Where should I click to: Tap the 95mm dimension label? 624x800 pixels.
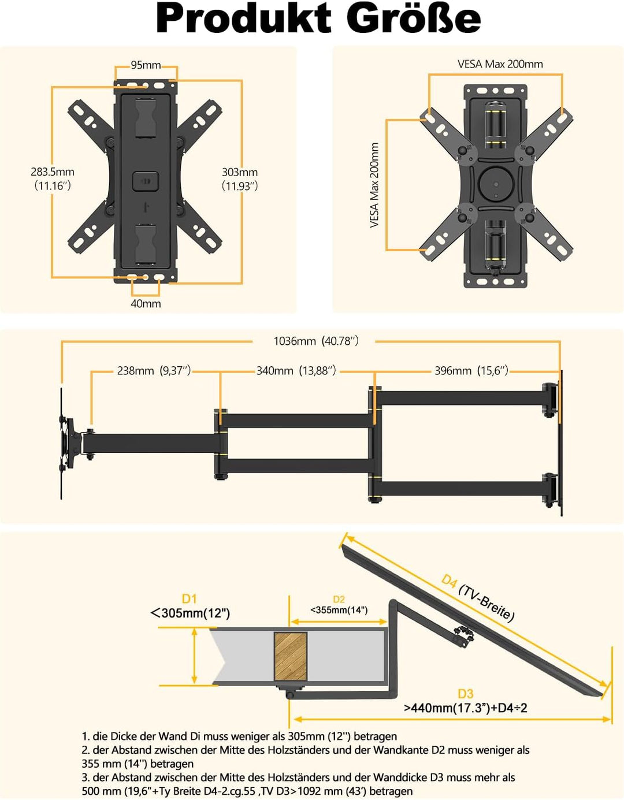146,65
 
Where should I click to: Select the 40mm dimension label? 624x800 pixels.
146,304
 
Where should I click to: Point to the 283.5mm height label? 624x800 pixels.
53,172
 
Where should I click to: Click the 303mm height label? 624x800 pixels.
240,172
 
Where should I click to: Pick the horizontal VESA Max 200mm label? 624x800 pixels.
500,64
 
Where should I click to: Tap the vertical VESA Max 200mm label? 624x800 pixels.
374,185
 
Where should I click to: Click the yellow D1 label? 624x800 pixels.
190,598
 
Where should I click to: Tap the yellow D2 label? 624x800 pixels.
339,600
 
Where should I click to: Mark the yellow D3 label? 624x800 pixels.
466,694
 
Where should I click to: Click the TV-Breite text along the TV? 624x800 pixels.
486,602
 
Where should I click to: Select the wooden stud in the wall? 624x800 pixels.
290,656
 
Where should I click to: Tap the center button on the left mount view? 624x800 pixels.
145,181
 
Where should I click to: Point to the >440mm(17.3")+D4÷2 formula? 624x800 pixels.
466,708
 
